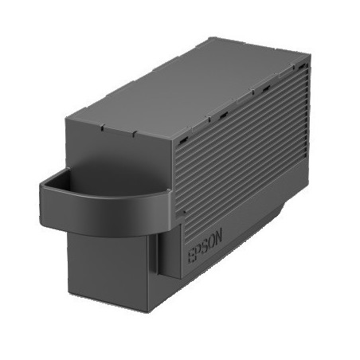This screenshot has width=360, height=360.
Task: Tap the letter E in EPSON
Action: pos(191,256)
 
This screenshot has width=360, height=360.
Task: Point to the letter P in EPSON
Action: pos(198,251)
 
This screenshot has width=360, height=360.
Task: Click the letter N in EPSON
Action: pos(218,235)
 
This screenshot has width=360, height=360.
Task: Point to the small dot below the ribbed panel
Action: pos(184,212)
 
